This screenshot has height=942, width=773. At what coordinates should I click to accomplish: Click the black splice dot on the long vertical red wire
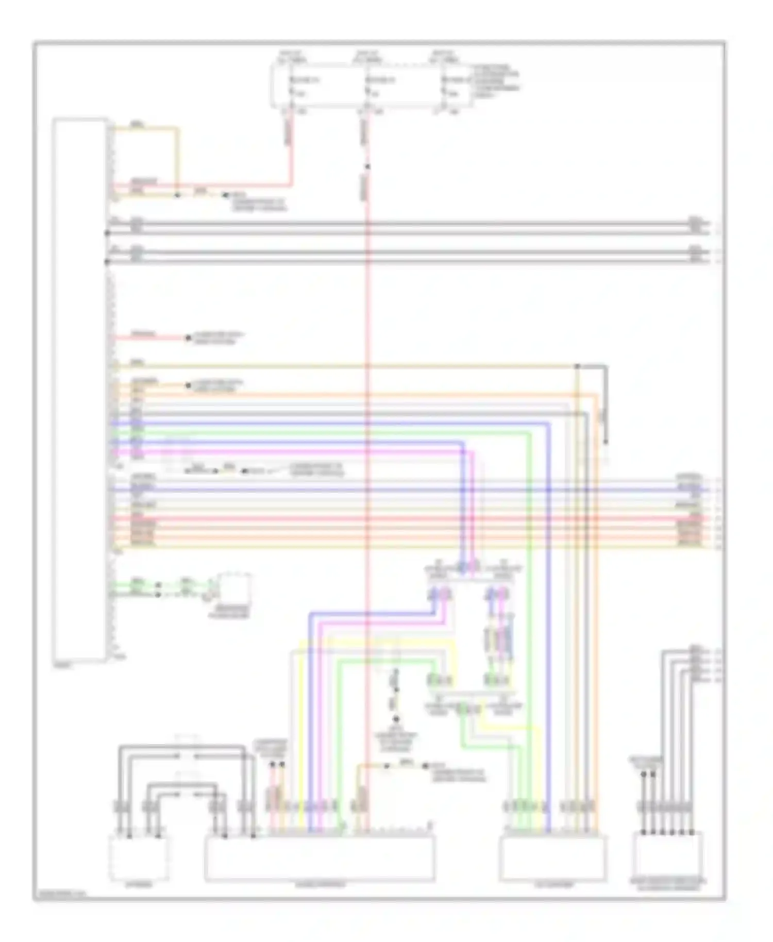(x=367, y=166)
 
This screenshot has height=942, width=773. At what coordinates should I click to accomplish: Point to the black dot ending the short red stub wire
(x=188, y=339)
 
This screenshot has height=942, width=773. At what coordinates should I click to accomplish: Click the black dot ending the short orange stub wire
(x=188, y=385)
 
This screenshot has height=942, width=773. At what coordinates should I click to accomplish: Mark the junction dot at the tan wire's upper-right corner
(x=578, y=366)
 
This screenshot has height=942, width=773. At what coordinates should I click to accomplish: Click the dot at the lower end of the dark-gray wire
(x=606, y=442)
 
